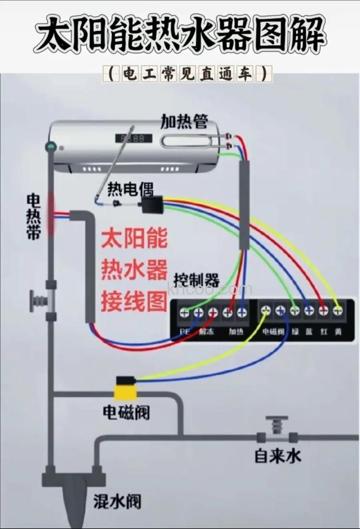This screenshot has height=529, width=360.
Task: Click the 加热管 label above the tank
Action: click(x=184, y=121)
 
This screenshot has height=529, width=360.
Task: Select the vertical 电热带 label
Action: click(x=34, y=216)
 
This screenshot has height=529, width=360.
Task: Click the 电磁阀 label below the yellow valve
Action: click(x=126, y=412)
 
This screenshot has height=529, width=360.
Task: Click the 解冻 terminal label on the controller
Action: click(x=207, y=332)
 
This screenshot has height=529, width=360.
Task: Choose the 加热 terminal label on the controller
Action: click(x=236, y=332)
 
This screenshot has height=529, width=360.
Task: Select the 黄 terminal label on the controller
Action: click(x=338, y=332)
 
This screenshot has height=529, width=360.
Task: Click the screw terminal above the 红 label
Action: click(x=323, y=310)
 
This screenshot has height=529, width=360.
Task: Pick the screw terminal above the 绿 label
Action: click(x=295, y=310)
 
